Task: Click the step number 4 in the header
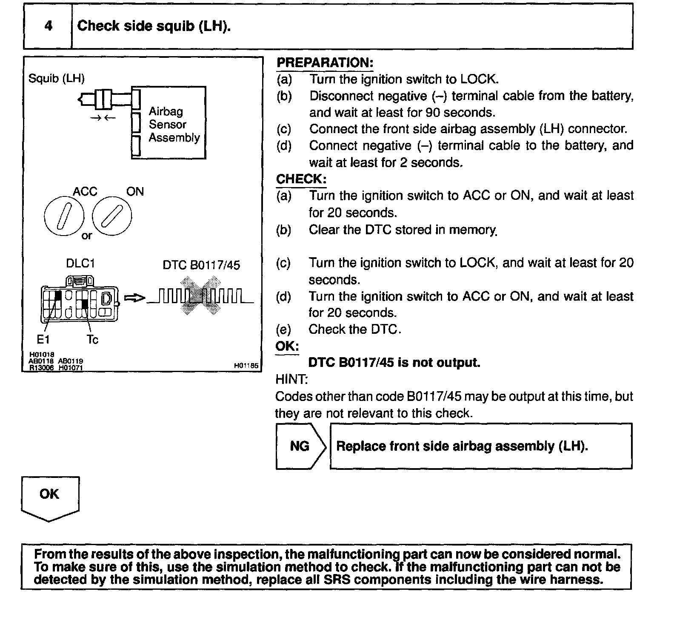[49, 26]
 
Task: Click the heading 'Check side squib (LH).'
[154, 26]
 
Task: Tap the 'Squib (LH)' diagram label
[57, 79]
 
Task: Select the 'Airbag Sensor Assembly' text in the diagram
[174, 125]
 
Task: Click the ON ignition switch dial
[112, 216]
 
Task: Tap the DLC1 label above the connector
[80, 263]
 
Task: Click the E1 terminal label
[43, 339]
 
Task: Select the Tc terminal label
[92, 339]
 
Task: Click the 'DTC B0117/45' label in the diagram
[201, 265]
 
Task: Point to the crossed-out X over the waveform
[200, 296]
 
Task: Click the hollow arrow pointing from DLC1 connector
[134, 298]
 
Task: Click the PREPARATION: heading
[325, 63]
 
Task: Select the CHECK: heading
[301, 179]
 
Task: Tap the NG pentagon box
[300, 446]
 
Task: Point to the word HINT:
[291, 379]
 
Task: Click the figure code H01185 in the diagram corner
[246, 365]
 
